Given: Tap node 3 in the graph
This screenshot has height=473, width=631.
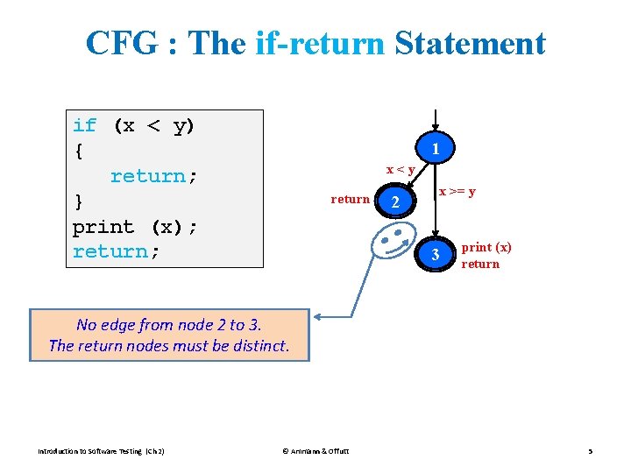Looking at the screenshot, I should coord(436,256).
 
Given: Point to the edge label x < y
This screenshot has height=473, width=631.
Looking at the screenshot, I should coord(401,168).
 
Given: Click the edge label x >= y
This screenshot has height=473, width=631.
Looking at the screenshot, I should coord(457,191).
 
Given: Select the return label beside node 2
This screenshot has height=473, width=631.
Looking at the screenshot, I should coord(350,199).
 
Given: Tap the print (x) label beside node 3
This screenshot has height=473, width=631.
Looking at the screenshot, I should coord(486,248).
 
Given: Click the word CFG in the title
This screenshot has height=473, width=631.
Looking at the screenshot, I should coord(124,43).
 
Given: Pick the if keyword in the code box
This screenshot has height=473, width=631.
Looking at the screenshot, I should coord(85,126).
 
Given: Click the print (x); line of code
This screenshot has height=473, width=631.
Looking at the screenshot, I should coord(135,227).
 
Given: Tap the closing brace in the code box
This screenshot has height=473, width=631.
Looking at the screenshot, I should coord(78,201).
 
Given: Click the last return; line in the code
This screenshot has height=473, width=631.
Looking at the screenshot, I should coord(117,251).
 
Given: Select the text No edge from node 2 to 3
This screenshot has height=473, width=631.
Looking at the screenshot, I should coord(169,324).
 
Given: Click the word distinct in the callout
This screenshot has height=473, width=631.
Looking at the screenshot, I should coord(256,345).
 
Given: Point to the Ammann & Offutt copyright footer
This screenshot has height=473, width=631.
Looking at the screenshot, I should coord(315,451).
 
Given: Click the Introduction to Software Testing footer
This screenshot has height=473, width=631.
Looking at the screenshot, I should coord(101,451).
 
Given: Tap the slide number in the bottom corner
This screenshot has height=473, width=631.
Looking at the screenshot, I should coord(590,451).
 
